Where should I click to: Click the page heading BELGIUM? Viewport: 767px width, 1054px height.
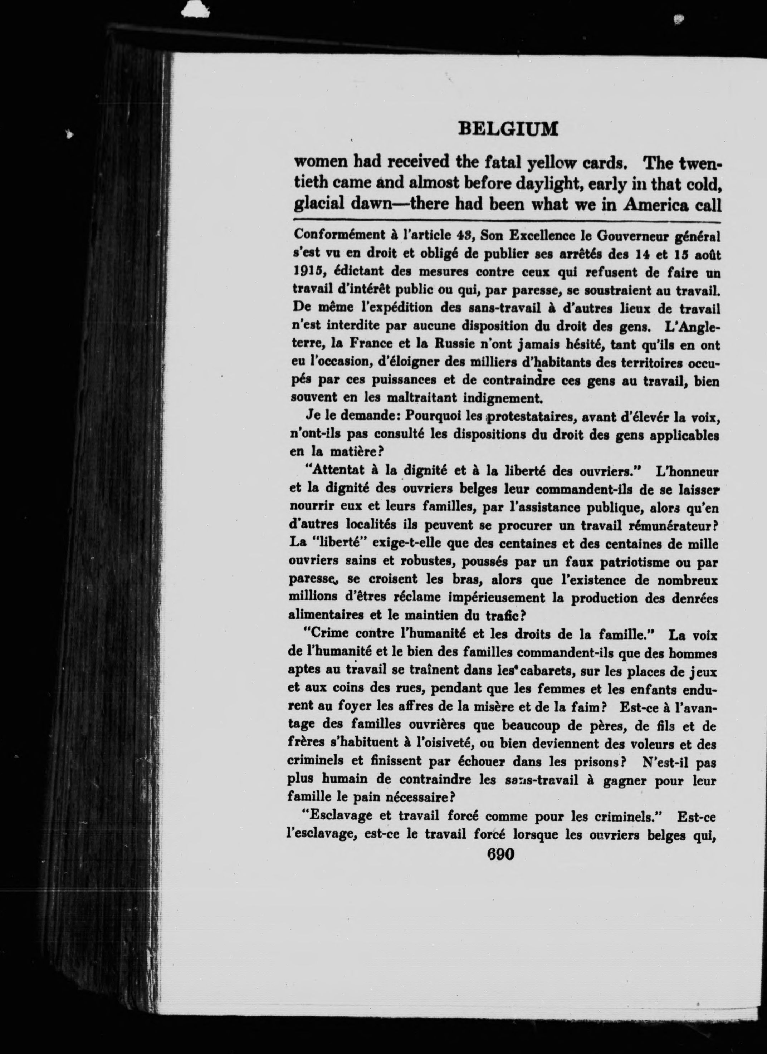pos(508,129)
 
